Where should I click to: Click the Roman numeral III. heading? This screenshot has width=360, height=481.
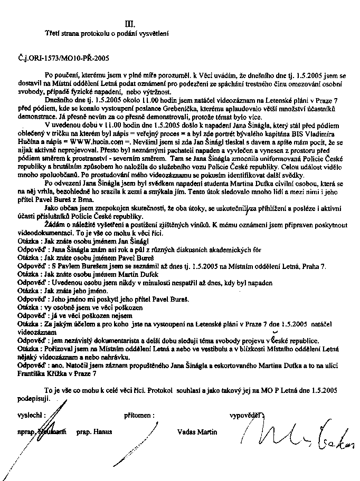click(x=129, y=23)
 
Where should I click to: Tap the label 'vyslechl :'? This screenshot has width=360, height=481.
click(x=31, y=415)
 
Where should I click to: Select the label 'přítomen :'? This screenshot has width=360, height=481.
click(x=139, y=415)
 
